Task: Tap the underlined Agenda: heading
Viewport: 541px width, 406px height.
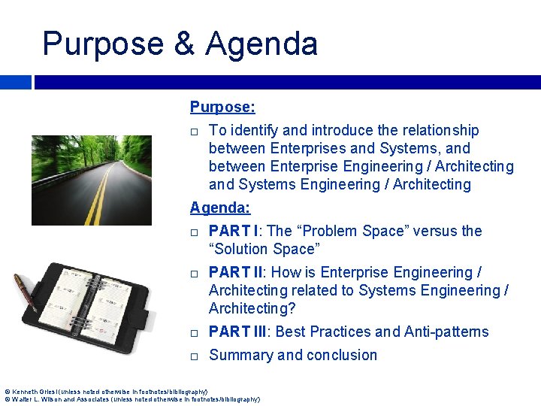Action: point(220,208)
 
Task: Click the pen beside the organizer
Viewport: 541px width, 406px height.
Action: point(25,293)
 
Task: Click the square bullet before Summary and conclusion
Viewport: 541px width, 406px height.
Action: point(194,356)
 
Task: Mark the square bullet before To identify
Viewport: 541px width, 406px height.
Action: point(194,132)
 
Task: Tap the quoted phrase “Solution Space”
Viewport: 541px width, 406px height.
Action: point(264,249)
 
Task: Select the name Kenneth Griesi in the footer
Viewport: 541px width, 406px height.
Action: point(29,392)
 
